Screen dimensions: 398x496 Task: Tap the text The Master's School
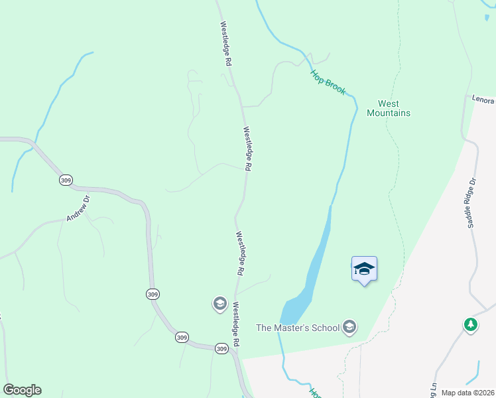pyautogui.click(x=298, y=327)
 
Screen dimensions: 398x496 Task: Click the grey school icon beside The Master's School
pyautogui.click(x=349, y=327)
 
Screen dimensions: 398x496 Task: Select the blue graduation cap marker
pyautogui.click(x=364, y=269)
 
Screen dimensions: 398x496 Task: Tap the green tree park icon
pyautogui.click(x=471, y=325)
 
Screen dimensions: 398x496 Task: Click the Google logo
pyautogui.click(x=22, y=390)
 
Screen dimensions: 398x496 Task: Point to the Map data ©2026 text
pyautogui.click(x=467, y=393)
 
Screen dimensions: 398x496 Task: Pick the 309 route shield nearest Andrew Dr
pyautogui.click(x=65, y=180)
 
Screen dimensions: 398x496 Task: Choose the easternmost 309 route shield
pyautogui.click(x=221, y=348)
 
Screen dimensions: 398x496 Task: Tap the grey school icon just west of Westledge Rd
pyautogui.click(x=219, y=304)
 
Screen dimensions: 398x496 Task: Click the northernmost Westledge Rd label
pyautogui.click(x=226, y=43)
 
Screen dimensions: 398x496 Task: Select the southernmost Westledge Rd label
pyautogui.click(x=236, y=328)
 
